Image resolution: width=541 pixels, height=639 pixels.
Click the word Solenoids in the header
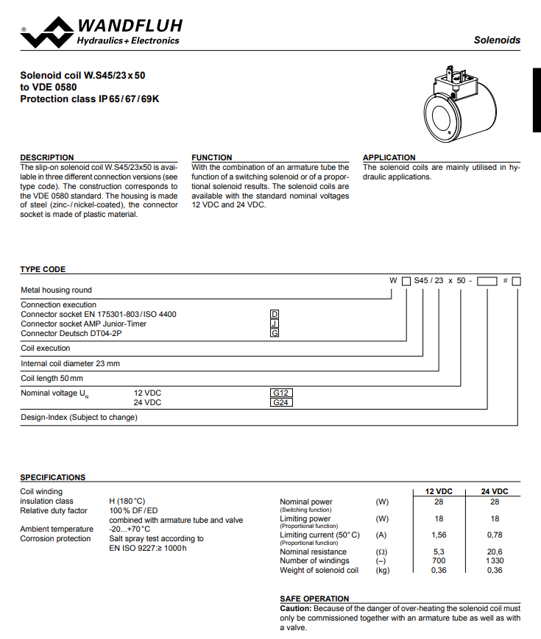click(497, 40)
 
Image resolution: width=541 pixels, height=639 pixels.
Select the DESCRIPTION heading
click(47, 157)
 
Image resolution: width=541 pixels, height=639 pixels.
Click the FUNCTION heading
click(212, 157)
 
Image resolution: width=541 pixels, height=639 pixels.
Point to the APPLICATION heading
click(389, 157)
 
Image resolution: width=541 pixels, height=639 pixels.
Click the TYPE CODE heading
click(43, 270)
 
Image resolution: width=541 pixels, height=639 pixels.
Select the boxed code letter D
click(275, 315)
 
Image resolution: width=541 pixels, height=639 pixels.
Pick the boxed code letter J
click(275, 324)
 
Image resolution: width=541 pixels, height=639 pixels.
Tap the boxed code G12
click(282, 393)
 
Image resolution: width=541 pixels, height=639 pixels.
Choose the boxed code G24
click(282, 403)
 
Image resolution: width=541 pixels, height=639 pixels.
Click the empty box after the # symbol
click(517, 281)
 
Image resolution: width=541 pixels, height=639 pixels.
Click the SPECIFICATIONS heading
click(53, 477)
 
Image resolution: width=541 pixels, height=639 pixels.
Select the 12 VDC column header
click(439, 491)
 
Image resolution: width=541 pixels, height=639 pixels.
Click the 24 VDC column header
click(495, 491)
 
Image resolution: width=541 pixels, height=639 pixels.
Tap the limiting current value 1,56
click(439, 535)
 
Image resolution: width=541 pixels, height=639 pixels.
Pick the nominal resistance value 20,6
click(495, 551)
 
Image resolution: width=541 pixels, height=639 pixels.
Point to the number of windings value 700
click(439, 561)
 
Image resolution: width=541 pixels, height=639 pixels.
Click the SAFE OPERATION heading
click(314, 599)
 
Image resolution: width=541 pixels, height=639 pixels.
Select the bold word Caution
click(296, 609)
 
